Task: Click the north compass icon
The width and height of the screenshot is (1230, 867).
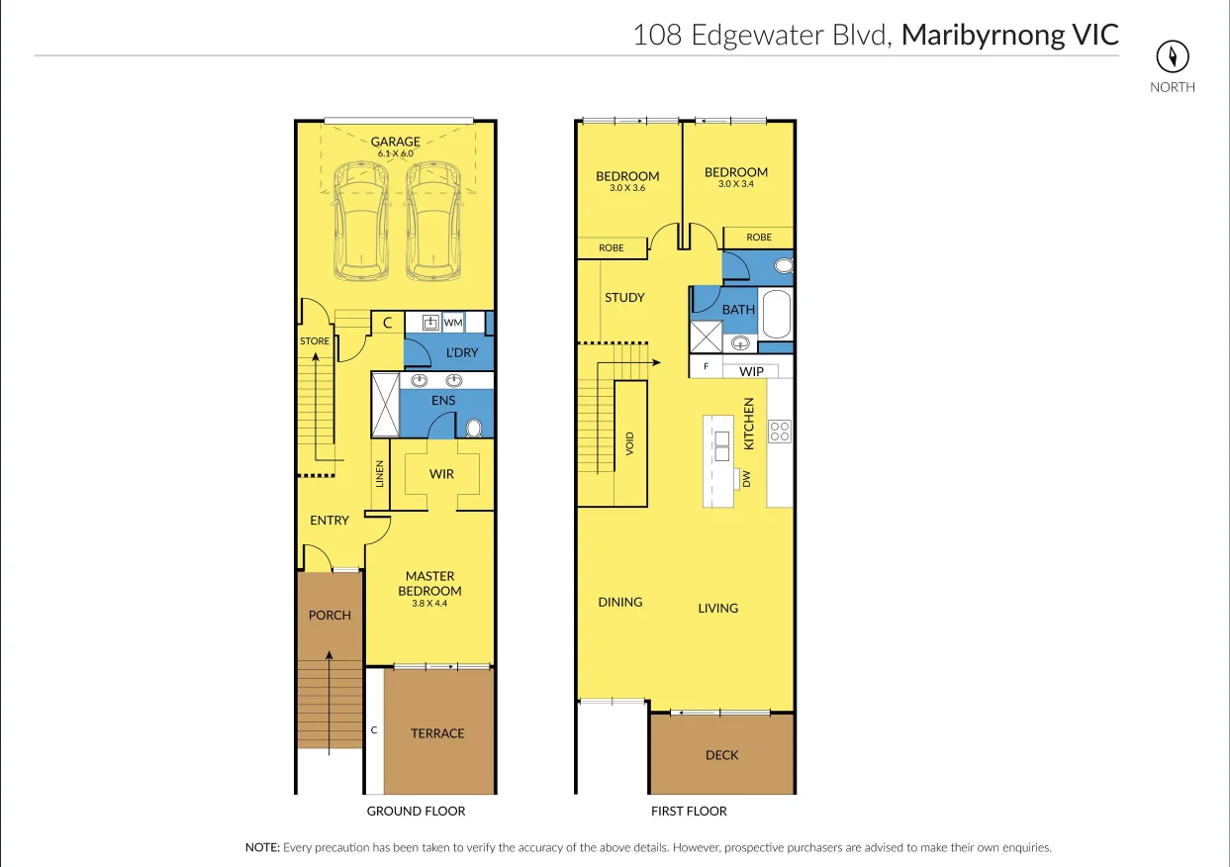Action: (1172, 56)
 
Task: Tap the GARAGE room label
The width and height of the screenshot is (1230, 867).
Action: (396, 142)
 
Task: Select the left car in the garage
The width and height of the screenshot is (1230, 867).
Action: (362, 220)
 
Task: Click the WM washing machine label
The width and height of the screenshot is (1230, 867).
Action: (453, 323)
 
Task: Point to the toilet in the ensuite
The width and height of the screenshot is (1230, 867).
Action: (474, 428)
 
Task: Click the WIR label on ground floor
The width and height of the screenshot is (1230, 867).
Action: (441, 474)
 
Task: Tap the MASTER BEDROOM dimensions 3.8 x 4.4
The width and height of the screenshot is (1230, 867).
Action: (429, 603)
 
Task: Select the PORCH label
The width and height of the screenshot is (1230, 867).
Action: (330, 615)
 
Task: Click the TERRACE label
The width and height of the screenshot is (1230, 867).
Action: (437, 733)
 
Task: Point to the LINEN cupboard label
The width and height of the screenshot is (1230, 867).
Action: (379, 474)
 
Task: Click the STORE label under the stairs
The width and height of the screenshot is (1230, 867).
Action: (315, 341)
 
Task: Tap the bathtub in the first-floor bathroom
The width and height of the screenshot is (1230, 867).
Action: (776, 315)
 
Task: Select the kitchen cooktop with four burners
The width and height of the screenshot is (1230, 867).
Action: (780, 431)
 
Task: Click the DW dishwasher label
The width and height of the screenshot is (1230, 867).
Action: (747, 479)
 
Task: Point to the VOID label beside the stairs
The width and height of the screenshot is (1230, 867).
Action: (629, 442)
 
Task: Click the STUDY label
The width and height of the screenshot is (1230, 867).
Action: (624, 297)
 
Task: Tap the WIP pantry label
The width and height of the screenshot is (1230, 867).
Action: (752, 372)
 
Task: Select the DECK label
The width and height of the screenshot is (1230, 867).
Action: (721, 755)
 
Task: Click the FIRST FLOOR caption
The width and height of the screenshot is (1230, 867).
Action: (689, 811)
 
